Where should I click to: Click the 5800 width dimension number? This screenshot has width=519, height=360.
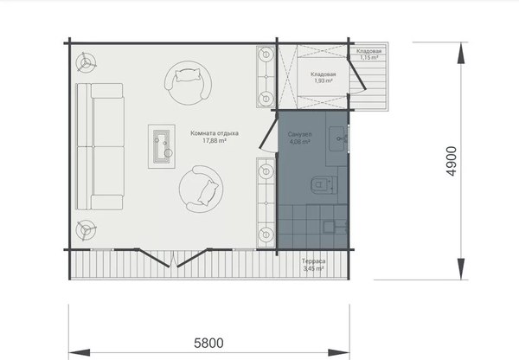[208, 343]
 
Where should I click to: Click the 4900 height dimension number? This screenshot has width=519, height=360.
[452, 161]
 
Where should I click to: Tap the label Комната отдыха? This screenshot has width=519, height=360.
[215, 133]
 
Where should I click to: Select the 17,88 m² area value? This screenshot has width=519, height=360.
[215, 141]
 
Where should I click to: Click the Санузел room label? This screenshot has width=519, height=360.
[299, 134]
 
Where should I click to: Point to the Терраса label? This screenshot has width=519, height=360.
[313, 261]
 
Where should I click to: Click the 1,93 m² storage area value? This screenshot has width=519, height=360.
[324, 80]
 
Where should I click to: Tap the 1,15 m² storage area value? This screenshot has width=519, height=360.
[369, 57]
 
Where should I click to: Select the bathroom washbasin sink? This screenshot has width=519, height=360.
[338, 139]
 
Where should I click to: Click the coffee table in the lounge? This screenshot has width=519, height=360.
[162, 146]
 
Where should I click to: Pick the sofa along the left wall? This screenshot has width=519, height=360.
[100, 146]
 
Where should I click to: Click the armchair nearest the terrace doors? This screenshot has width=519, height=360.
[201, 190]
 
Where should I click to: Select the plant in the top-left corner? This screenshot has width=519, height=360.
[86, 62]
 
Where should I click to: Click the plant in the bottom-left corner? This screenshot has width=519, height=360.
[86, 229]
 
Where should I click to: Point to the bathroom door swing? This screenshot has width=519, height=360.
[268, 132]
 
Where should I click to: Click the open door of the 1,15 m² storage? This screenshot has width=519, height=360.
[356, 74]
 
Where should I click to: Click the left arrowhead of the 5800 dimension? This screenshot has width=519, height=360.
[80, 352]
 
